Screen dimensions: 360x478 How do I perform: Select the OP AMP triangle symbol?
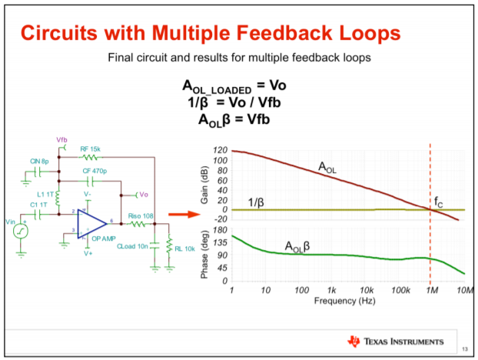click(91, 221)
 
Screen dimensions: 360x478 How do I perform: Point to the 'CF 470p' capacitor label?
click(95, 172)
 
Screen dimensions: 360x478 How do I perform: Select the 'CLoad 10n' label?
click(131, 247)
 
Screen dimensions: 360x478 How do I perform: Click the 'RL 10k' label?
click(183, 248)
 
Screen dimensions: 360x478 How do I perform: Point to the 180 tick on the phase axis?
click(221, 230)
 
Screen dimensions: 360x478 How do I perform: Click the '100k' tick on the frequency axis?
click(398, 291)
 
